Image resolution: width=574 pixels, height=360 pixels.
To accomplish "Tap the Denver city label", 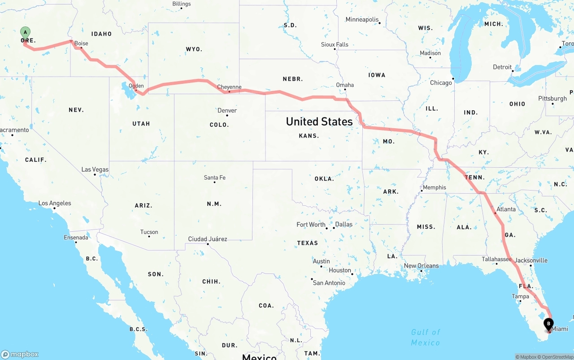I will click(227, 110).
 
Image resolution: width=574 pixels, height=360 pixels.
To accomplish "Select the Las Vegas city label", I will click(95, 169).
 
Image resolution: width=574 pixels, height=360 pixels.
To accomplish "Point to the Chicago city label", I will click(441, 82).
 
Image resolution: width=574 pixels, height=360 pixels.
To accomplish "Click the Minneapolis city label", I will click(362, 19).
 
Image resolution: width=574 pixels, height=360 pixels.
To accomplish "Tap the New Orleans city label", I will click(421, 265).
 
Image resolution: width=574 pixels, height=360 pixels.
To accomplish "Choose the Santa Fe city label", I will click(214, 178).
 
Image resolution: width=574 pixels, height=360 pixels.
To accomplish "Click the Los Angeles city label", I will click(55, 203).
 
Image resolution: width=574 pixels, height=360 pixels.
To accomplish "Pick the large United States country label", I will click(319, 121).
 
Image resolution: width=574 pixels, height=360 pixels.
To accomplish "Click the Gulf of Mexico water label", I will click(426, 337).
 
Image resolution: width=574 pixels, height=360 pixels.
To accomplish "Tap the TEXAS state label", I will click(307, 243).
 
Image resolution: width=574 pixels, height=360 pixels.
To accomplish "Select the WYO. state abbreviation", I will click(194, 49).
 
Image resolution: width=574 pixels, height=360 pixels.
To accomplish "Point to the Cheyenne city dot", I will click(229, 91).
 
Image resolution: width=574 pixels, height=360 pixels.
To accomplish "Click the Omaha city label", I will click(345, 85).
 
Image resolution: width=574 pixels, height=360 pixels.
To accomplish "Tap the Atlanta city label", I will click(506, 209).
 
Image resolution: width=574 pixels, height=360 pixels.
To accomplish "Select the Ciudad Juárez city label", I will click(207, 239).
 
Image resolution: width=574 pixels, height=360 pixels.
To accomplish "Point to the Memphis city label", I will click(434, 187).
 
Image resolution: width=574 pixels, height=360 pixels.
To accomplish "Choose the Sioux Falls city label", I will click(335, 44).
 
